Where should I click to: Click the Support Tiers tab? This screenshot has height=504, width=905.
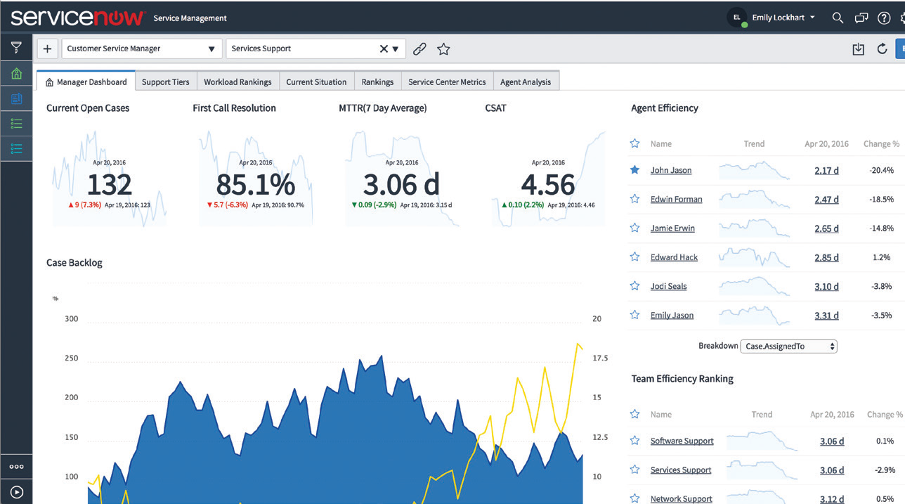165,82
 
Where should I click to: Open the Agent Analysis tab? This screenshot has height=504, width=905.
526,82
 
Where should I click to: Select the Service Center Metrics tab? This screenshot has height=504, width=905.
447,82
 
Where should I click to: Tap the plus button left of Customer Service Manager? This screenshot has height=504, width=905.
47,49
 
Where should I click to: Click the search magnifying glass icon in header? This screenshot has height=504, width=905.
838,18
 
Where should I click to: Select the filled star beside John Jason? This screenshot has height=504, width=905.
634,170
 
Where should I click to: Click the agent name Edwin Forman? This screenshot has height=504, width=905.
676,200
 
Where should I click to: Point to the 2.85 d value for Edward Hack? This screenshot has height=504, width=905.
826,257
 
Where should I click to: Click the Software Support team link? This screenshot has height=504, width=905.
682,441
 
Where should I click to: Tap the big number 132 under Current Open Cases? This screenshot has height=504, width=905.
110,185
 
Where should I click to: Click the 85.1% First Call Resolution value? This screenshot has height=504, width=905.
255,185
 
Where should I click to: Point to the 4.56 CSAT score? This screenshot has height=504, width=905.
548,185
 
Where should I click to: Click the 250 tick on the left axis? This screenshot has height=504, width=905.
71,358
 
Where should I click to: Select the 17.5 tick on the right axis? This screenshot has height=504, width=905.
600,358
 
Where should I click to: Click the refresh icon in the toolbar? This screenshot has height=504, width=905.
882,49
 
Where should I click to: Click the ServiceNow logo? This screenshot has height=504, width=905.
77,18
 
